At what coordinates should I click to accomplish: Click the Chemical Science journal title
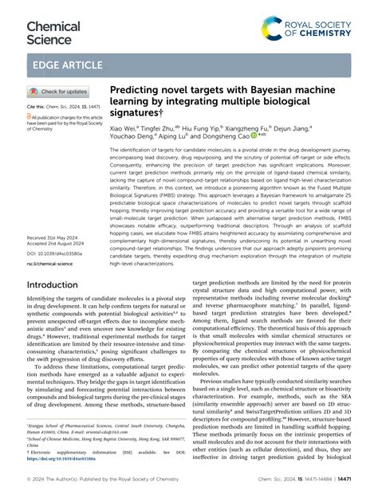(x=53, y=32)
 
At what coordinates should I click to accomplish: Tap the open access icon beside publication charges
(x=30, y=116)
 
